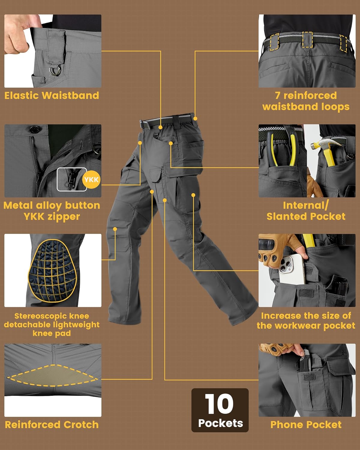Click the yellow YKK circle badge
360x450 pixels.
pos(91,180)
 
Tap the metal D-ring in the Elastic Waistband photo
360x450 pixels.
pos(55,71)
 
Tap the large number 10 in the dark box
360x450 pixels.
pos(219,404)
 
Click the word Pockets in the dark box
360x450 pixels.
pos(220,423)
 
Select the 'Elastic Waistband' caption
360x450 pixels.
pos(52,95)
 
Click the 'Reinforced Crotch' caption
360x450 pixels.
pos(52,424)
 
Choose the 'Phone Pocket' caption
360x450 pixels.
pos(306,424)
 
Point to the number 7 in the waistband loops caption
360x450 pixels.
pos(278,95)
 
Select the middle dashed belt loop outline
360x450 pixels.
pos(307,40)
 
